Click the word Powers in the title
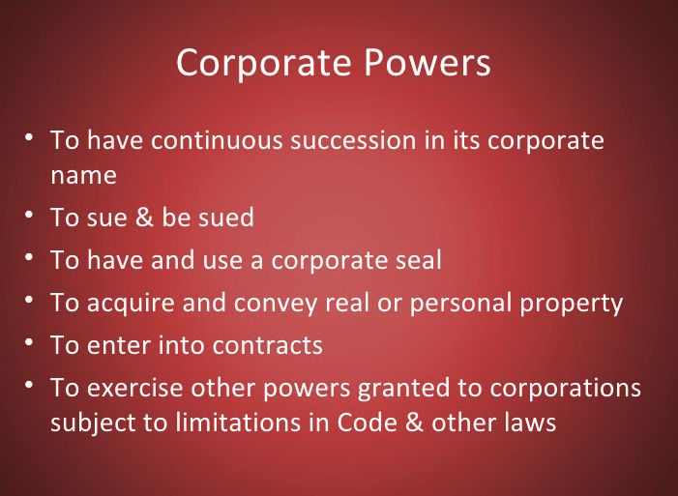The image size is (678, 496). pos(427,63)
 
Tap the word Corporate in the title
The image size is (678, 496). pos(263,63)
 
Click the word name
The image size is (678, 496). pos(83,176)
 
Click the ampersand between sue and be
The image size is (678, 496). pos(144,217)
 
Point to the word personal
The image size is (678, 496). pos(460,304)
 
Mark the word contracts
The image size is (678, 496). pos(267,345)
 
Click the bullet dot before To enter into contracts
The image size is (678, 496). pos(29,341)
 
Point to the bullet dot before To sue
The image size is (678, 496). pos(29,214)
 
